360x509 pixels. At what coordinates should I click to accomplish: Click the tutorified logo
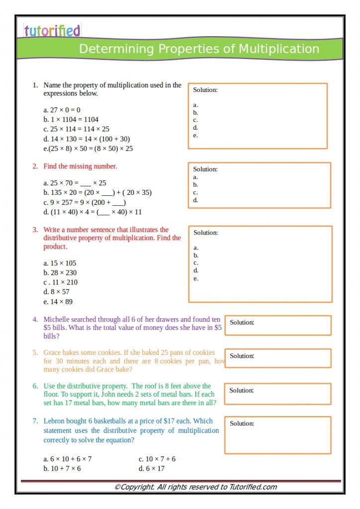click(x=52, y=31)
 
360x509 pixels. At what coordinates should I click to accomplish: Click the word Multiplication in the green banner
click(x=279, y=49)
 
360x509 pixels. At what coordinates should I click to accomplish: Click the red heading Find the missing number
click(x=80, y=166)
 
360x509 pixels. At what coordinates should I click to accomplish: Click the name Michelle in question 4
click(x=57, y=320)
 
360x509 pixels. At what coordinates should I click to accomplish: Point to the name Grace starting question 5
click(x=52, y=352)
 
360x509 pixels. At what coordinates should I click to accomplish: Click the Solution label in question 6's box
click(x=242, y=390)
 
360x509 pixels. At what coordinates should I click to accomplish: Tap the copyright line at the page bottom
click(x=195, y=487)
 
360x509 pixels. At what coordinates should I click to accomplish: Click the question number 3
click(x=35, y=230)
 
